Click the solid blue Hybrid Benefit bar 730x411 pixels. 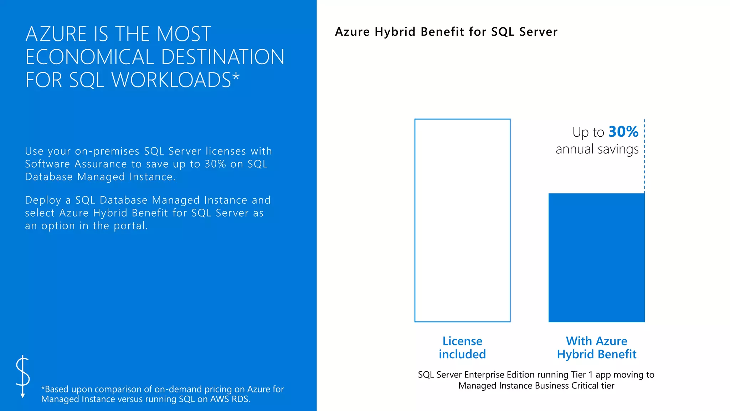596,258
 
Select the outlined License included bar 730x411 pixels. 462,220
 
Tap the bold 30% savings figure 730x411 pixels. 623,132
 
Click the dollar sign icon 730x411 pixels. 23,376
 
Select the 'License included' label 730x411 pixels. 462,347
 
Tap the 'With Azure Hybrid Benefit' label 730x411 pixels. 596,347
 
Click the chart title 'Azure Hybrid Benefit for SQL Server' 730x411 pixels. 446,32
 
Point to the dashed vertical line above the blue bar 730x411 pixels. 644,157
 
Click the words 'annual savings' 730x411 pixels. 597,149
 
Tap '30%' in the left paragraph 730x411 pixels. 215,164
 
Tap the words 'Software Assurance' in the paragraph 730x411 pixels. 76,164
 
